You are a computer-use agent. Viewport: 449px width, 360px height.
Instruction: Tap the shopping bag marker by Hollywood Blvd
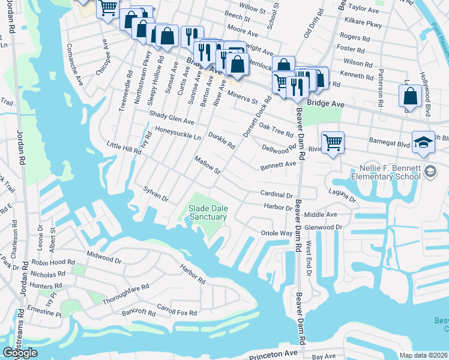(x=409, y=96)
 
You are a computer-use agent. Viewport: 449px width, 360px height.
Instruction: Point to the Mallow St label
(x=208, y=165)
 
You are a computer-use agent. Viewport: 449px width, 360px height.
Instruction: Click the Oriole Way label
(x=276, y=233)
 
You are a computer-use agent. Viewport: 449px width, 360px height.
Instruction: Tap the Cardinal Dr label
(x=276, y=194)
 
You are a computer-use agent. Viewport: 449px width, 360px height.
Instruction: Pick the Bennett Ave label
(x=278, y=164)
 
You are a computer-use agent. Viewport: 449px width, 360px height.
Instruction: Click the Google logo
(x=20, y=353)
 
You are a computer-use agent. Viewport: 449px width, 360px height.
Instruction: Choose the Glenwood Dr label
(x=323, y=227)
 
